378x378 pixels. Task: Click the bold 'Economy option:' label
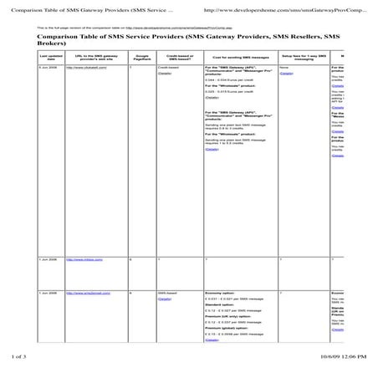click(218, 294)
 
